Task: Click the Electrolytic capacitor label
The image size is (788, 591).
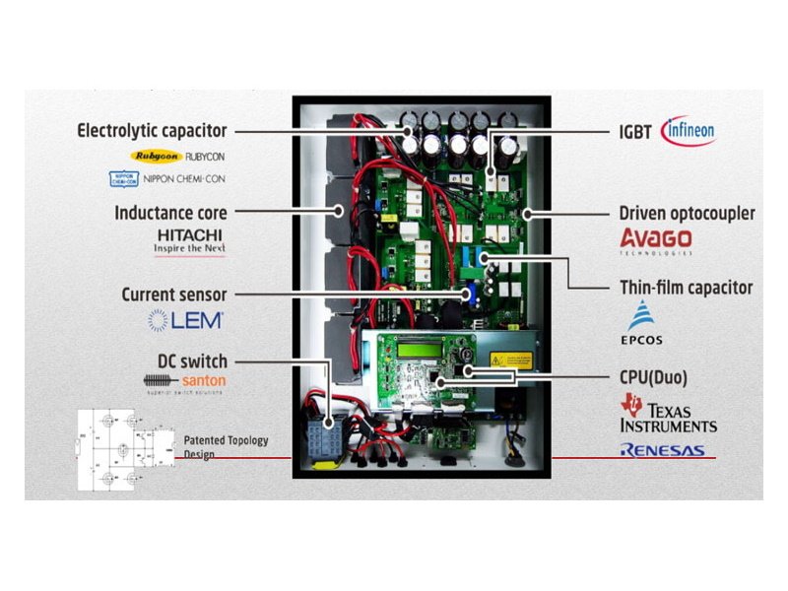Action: pos(152,130)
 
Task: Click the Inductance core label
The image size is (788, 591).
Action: pos(170,212)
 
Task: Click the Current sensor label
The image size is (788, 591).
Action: pos(173,295)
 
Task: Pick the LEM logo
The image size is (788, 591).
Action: pos(186,320)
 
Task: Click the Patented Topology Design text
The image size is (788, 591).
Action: pos(226,447)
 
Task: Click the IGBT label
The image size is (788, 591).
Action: pos(635,130)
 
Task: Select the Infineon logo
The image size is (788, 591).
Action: pos(689,130)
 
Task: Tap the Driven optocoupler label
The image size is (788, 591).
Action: pos(687,213)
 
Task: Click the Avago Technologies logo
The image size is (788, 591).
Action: pos(655,241)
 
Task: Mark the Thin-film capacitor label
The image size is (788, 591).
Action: pos(686,288)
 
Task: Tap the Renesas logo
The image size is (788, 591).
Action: pos(662,450)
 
